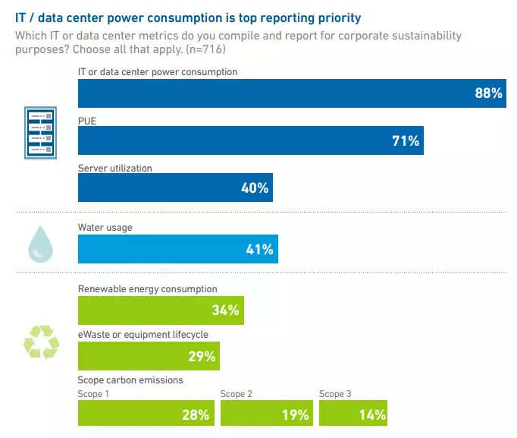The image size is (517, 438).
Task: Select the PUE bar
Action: coord(250,140)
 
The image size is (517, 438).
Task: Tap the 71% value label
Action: coord(406,140)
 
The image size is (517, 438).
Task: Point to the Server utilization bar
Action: coord(175,187)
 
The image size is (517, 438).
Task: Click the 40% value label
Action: coord(255,187)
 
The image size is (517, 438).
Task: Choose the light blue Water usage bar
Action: coord(177,249)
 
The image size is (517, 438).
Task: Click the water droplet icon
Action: coord(40,244)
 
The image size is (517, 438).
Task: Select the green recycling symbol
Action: coord(41,342)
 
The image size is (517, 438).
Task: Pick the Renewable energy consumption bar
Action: coord(161,310)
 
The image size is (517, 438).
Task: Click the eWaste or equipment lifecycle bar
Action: coord(149,356)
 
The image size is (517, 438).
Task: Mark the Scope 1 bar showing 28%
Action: coord(146,414)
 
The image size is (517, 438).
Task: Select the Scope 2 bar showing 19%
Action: coord(266,414)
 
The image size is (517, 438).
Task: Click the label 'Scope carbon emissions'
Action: coord(130,380)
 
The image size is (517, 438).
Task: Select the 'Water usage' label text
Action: coord(105,227)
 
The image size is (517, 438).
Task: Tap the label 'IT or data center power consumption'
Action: coord(158,72)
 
